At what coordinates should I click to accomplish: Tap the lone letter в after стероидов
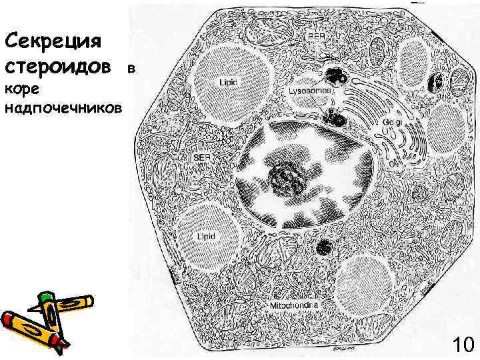click(x=131, y=69)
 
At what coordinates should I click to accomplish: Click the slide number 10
click(x=462, y=345)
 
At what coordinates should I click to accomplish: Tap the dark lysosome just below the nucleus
click(x=327, y=247)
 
